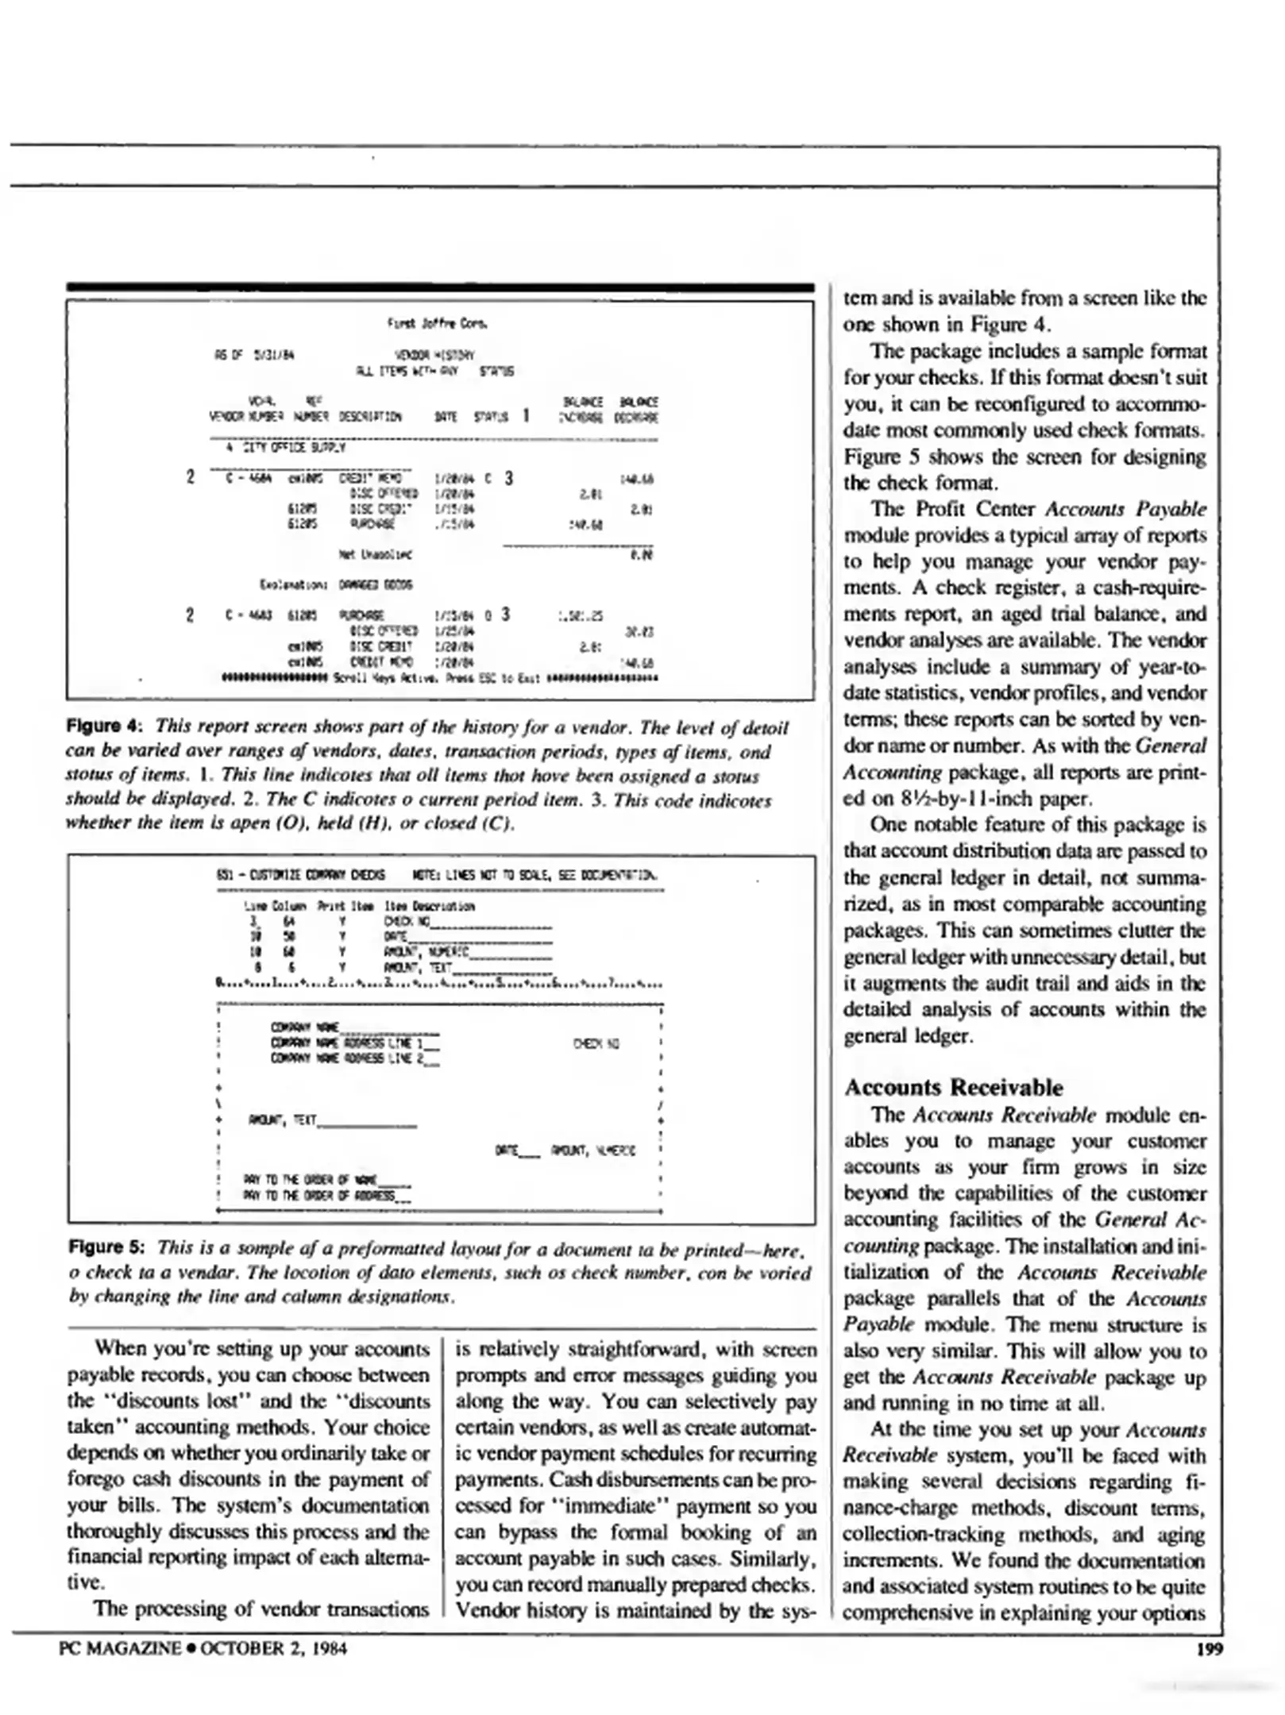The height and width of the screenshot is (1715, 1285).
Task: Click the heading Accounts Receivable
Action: coord(953,1087)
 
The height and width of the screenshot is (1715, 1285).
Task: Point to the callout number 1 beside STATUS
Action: coord(526,415)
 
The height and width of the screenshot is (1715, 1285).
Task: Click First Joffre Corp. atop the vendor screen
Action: coord(437,323)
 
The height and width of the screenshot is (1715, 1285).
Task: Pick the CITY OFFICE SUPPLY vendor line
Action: coord(286,448)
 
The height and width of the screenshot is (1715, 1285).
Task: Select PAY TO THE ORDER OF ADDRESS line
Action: coord(326,1195)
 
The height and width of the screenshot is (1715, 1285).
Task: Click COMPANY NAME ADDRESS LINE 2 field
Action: coord(353,1058)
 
